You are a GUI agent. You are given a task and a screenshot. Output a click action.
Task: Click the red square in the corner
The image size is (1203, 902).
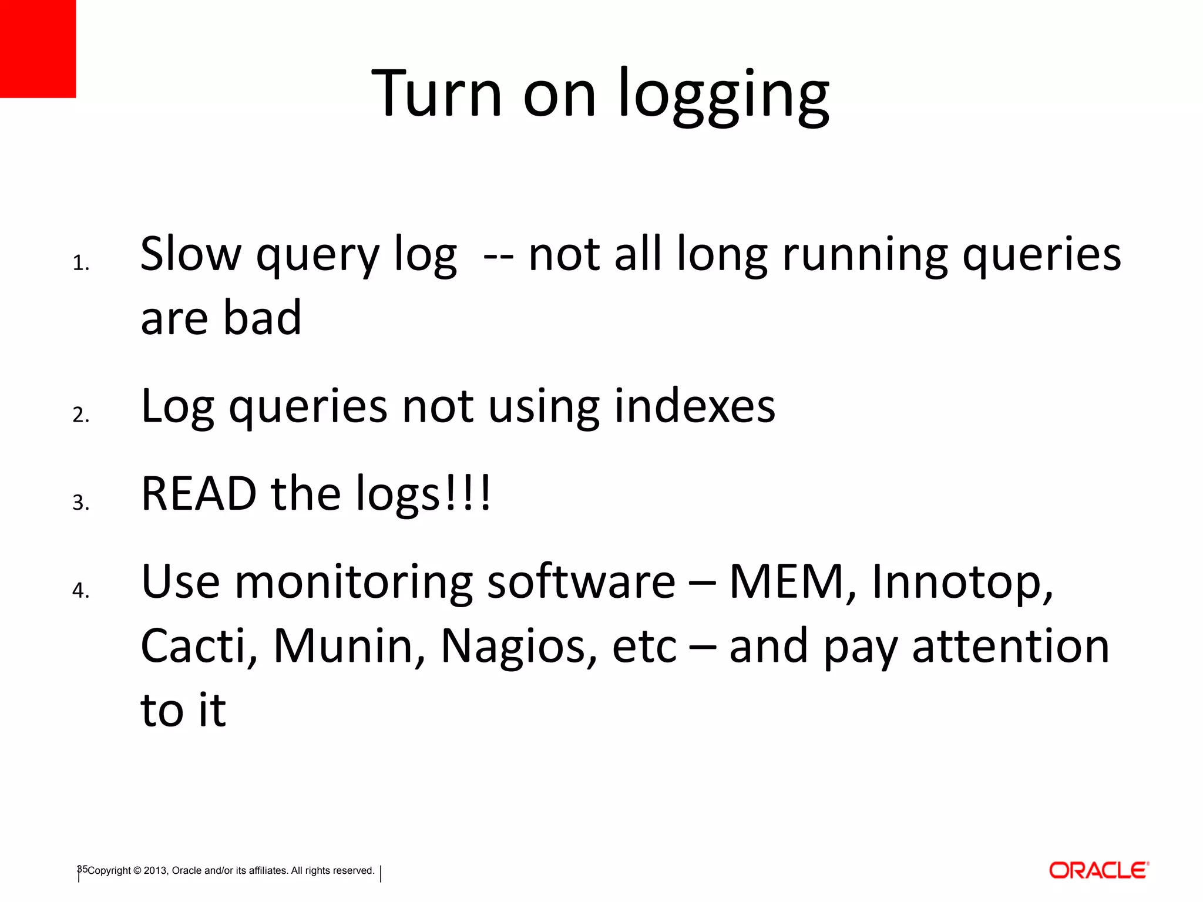(38, 48)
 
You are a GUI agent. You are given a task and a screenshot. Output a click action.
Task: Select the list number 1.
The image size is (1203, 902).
(80, 264)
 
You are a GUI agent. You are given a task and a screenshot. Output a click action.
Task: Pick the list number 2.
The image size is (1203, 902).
(80, 415)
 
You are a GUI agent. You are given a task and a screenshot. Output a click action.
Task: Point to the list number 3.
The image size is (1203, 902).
(80, 503)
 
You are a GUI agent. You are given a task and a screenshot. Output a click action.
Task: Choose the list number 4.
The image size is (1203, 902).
(80, 590)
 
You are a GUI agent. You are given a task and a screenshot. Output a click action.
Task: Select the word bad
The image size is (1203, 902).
(263, 318)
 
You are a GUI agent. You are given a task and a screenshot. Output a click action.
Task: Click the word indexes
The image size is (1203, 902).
(694, 406)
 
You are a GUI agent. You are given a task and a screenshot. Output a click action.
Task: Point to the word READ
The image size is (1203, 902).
(199, 494)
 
